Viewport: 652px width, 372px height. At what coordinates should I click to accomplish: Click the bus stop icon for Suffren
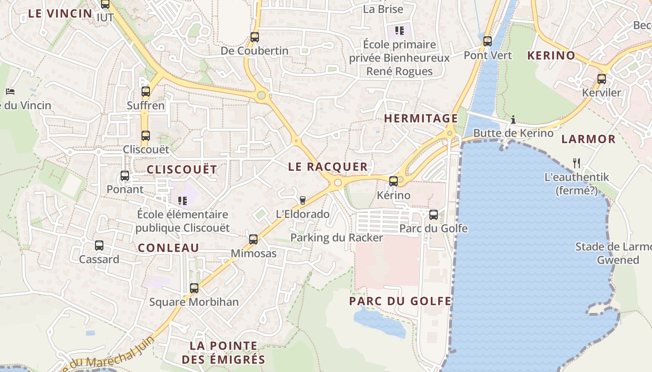(x=146, y=92)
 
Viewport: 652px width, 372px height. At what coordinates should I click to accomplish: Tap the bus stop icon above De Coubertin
(x=254, y=37)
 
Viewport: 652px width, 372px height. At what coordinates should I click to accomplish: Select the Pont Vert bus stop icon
(x=488, y=41)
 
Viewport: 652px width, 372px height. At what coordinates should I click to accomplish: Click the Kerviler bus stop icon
(x=602, y=79)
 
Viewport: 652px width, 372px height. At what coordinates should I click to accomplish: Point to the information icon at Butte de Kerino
(x=513, y=120)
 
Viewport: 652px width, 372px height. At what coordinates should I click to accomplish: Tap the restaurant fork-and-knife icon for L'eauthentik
(x=577, y=163)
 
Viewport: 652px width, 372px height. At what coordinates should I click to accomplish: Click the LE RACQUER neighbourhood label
(x=328, y=167)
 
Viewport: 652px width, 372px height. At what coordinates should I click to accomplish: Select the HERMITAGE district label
(x=421, y=119)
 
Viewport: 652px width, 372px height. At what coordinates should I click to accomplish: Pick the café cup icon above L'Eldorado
(x=303, y=200)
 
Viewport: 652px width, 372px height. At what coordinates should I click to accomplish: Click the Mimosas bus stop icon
(x=253, y=239)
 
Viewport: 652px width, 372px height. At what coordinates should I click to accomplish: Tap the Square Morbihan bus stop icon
(x=194, y=288)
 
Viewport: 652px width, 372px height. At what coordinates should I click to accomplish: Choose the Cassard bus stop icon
(x=99, y=246)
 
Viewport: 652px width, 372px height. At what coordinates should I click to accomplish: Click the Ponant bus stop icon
(x=125, y=176)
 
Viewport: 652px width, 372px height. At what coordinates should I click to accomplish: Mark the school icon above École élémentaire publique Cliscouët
(x=182, y=200)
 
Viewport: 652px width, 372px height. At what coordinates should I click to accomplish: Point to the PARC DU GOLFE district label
(x=400, y=301)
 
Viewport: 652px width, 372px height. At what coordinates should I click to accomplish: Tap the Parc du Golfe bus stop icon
(x=434, y=215)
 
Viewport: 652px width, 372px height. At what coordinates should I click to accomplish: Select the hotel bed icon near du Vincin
(x=10, y=92)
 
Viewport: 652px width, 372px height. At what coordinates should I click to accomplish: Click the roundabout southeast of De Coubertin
(x=261, y=95)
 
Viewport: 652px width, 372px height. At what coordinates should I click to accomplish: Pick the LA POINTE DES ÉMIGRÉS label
(x=223, y=352)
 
